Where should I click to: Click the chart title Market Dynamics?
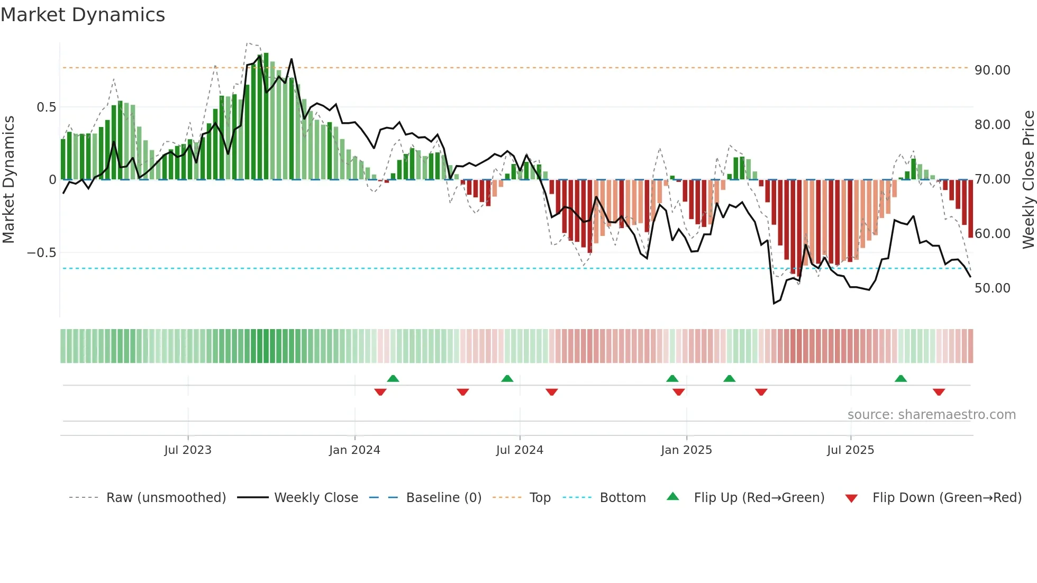click(x=83, y=15)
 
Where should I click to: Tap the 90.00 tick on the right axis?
click(x=992, y=70)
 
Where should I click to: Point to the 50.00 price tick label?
click(x=992, y=288)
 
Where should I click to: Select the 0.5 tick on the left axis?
click(x=46, y=107)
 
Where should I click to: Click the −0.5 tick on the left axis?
click(x=42, y=252)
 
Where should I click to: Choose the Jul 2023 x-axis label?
click(x=187, y=450)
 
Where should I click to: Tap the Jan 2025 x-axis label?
click(x=686, y=450)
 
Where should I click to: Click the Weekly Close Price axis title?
click(x=1028, y=179)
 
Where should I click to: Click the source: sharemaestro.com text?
click(x=931, y=414)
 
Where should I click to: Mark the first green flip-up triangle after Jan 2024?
click(x=393, y=378)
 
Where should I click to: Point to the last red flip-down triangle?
click(x=939, y=392)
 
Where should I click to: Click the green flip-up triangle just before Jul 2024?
click(x=507, y=378)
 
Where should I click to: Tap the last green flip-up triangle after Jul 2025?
click(x=900, y=378)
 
